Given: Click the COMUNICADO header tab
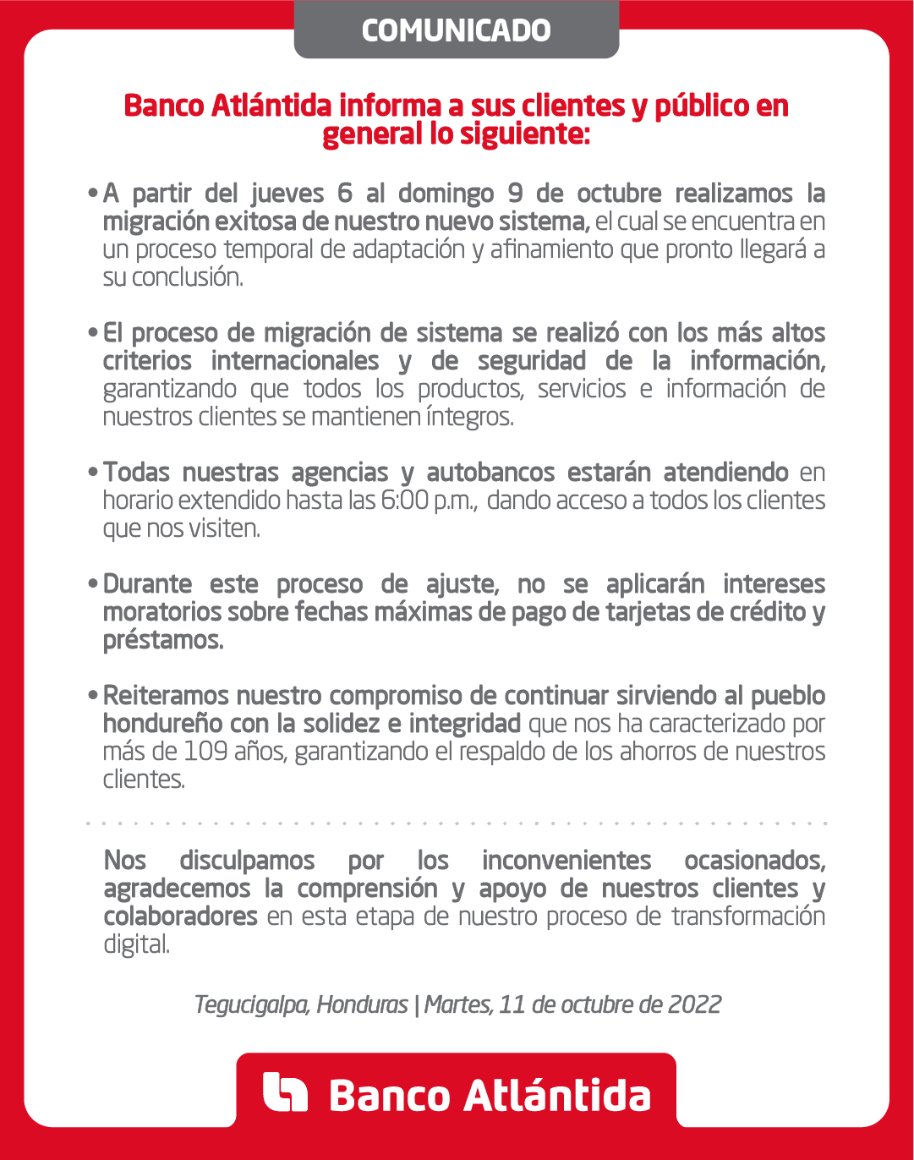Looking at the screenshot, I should coord(456,30).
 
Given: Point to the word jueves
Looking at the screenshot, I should coord(287,194).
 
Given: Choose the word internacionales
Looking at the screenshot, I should coord(295,361).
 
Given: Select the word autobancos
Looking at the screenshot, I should coord(490,473).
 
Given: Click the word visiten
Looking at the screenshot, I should coord(226,528).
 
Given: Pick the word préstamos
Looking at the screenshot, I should coord(163,640).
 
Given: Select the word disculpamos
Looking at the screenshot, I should coord(247,861).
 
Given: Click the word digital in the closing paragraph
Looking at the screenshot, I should coord(136,944).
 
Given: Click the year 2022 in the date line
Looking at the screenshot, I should coord(694,1004).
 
